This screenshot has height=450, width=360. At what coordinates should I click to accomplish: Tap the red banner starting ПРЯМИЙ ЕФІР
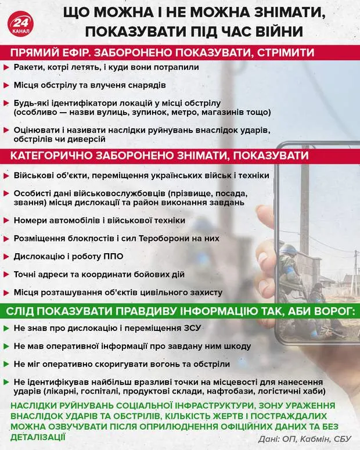[x=163, y=53]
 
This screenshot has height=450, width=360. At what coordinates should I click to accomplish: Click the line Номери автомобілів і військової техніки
[x=99, y=221]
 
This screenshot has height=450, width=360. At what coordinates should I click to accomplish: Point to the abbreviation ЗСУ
[x=192, y=327]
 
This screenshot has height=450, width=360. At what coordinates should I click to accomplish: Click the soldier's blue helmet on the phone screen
[x=289, y=250]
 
